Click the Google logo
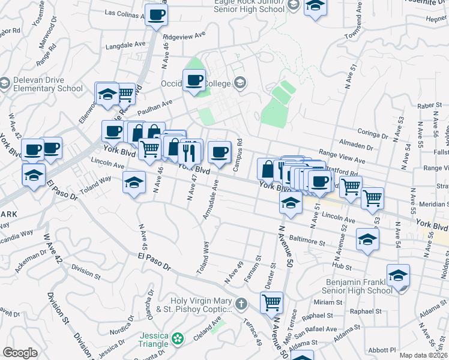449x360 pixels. [20, 353]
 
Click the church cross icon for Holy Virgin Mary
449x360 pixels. [241, 304]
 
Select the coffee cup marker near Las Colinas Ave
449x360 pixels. [156, 14]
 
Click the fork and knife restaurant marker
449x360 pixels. [190, 153]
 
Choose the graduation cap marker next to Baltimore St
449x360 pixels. [367, 239]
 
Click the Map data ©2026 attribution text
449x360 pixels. [423, 355]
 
